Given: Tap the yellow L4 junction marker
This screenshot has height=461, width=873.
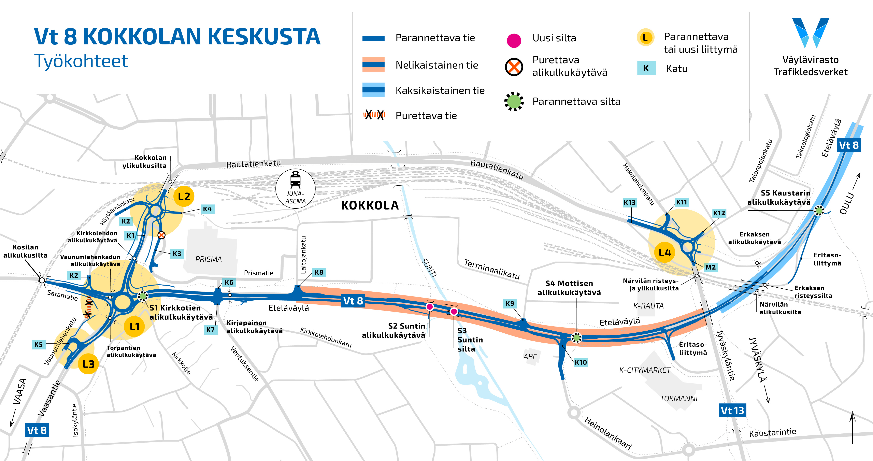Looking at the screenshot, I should (x=664, y=253).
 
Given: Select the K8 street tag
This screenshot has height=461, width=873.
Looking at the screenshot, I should (x=319, y=272).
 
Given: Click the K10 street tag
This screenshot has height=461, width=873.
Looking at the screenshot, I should (x=581, y=362).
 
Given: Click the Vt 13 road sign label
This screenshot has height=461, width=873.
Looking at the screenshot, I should (x=732, y=410).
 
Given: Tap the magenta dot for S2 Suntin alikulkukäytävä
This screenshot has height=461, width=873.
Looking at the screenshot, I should (x=430, y=307).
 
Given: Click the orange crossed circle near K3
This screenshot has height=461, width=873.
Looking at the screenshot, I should (x=161, y=235).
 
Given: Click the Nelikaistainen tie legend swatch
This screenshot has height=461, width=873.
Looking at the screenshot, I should (x=373, y=64).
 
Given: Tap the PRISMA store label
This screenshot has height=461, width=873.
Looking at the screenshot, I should (x=209, y=259).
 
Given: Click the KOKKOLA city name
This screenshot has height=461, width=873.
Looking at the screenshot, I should (x=370, y=205).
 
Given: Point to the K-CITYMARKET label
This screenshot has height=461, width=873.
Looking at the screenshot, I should (x=645, y=370).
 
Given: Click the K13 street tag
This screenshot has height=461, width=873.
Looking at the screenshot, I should (x=629, y=203).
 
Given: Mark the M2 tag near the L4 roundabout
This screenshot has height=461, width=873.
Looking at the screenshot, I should (x=710, y=267).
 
